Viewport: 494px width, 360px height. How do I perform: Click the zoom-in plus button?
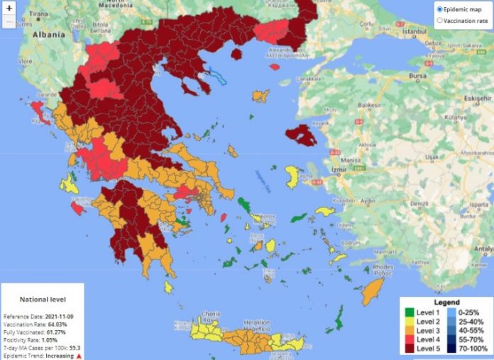9,8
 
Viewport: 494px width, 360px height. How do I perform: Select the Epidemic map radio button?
440,9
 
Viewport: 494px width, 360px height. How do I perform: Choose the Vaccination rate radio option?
440,21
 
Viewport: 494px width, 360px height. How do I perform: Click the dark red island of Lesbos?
301,134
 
